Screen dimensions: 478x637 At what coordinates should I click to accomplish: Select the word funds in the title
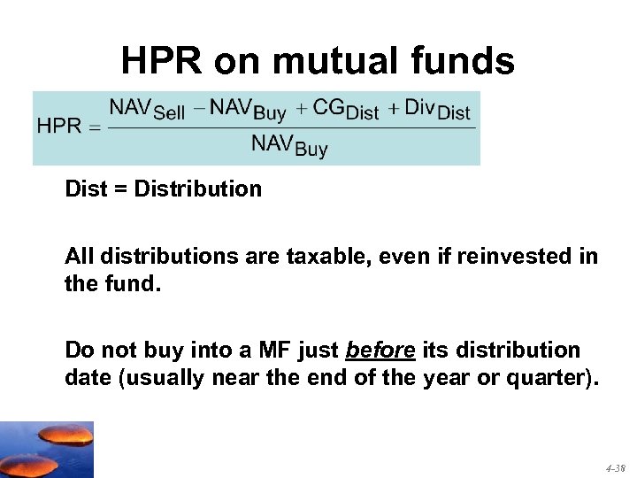click(465, 62)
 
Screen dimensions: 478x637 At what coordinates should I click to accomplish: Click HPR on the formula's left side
click(59, 127)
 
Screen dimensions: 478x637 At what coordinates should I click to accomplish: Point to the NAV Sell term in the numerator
click(147, 110)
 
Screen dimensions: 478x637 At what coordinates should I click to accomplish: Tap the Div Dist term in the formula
click(437, 110)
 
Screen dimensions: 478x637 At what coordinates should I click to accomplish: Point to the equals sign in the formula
click(94, 127)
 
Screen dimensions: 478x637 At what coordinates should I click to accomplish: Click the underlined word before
click(380, 350)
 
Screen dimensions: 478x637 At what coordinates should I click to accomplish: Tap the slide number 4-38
click(615, 467)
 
